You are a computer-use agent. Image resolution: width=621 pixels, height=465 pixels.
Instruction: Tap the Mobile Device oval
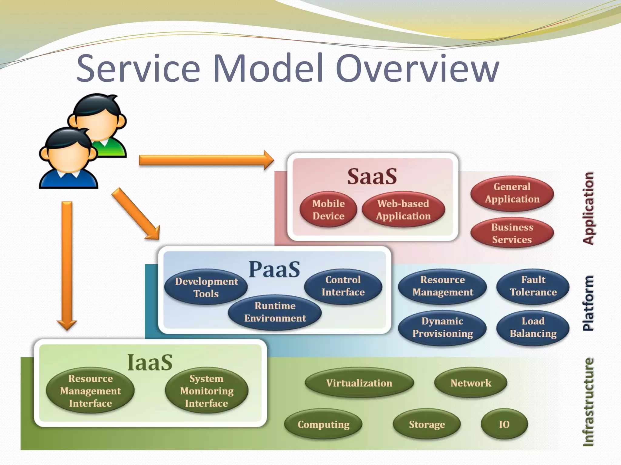pyautogui.click(x=328, y=209)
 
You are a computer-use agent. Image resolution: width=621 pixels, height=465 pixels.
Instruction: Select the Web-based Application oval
pyautogui.click(x=403, y=209)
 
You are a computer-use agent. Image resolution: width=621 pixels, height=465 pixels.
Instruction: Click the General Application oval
pyautogui.click(x=512, y=193)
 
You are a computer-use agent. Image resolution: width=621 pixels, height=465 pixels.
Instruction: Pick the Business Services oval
pyautogui.click(x=512, y=233)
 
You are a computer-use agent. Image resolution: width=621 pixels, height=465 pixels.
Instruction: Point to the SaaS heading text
pyautogui.click(x=372, y=176)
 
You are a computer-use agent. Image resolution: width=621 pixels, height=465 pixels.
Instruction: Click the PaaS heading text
pyautogui.click(x=274, y=269)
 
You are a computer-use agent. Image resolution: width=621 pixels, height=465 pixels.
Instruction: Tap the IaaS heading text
pyautogui.click(x=150, y=362)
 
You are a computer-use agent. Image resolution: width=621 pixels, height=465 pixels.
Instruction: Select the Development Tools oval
pyautogui.click(x=206, y=287)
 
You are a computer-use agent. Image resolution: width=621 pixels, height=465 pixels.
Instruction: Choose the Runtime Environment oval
pyautogui.click(x=275, y=312)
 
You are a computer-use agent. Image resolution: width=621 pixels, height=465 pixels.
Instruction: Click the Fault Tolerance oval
pyautogui.click(x=533, y=286)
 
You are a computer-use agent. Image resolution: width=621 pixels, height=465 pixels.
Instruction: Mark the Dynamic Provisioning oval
pyautogui.click(x=442, y=327)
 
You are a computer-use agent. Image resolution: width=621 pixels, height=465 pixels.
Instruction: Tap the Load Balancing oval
pyautogui.click(x=533, y=327)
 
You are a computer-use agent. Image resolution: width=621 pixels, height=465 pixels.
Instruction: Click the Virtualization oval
pyautogui.click(x=359, y=383)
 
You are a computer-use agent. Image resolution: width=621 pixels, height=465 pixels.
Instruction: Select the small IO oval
pyautogui.click(x=504, y=424)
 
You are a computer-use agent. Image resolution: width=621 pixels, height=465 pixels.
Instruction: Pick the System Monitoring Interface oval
pyautogui.click(x=207, y=391)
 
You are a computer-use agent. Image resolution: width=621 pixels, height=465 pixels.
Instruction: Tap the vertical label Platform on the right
pyautogui.click(x=588, y=303)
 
